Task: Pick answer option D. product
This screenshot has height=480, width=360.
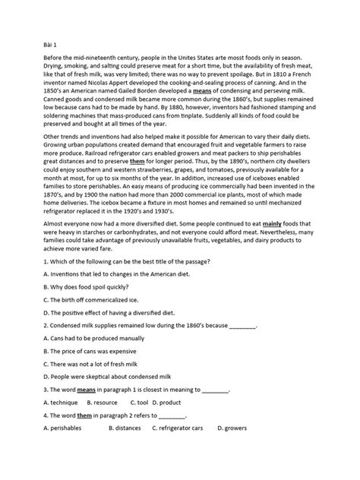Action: coord(167,401)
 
